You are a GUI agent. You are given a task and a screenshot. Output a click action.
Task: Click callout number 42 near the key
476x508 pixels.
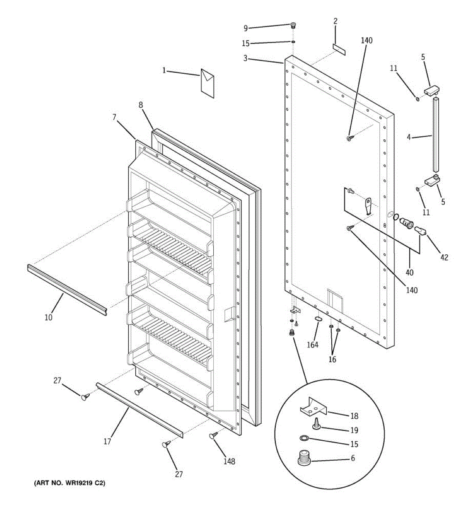[444, 257]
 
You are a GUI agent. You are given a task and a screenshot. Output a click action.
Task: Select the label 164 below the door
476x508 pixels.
[312, 345]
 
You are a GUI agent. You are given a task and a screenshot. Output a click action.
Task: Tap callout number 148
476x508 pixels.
[229, 461]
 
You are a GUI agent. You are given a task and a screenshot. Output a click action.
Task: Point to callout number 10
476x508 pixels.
[49, 317]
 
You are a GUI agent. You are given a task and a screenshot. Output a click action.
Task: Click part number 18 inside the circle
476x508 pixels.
[354, 416]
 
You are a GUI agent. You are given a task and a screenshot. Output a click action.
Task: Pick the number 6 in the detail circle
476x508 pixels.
[353, 458]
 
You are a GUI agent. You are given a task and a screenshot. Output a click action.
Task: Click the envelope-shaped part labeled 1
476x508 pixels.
[207, 83]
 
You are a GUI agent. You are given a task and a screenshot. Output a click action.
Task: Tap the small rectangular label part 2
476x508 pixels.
[339, 49]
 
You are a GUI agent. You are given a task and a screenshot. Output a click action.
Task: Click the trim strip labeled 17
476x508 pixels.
[140, 410]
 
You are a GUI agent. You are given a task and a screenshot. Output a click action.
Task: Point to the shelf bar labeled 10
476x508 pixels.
[67, 290]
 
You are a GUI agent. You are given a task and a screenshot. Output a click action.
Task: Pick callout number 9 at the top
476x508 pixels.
[245, 28]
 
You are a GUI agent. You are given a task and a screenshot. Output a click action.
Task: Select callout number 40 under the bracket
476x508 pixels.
[410, 273]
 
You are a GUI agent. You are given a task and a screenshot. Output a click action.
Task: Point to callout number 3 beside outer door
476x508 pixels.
[245, 58]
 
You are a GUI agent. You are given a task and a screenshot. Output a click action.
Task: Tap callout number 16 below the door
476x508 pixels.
[333, 359]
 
